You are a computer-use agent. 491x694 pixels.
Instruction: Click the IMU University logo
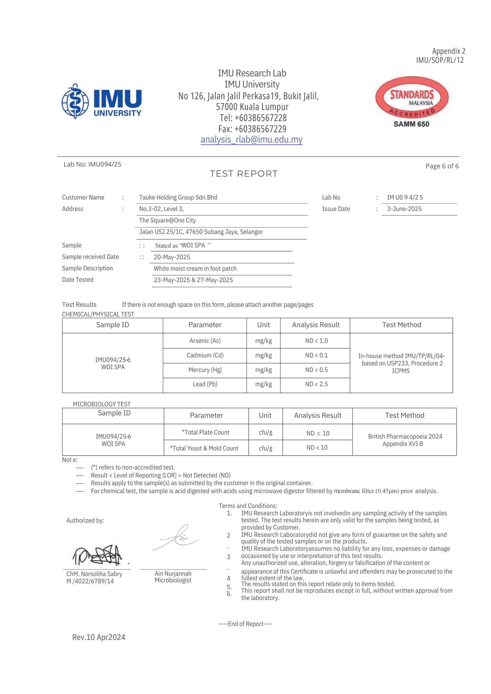101,101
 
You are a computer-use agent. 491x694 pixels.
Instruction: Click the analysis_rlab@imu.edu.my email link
251,139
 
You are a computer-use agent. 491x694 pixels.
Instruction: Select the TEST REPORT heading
244,174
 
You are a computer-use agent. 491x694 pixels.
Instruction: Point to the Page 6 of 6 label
442,166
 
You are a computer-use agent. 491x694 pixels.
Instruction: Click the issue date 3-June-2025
404,209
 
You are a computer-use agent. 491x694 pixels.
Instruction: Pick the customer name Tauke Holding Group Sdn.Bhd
178,197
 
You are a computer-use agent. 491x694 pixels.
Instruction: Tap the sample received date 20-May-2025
172,257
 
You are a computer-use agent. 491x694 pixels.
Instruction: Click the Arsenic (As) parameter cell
205,341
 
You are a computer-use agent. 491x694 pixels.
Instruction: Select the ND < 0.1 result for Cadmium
316,355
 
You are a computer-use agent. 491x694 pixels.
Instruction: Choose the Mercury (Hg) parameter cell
205,370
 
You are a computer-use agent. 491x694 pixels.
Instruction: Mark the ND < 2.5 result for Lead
316,384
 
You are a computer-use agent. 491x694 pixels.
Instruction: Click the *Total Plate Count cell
206,432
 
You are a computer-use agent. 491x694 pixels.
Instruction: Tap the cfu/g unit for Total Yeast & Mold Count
266,448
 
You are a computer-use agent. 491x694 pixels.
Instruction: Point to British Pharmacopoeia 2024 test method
405,437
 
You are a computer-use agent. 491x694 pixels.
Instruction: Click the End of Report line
245,624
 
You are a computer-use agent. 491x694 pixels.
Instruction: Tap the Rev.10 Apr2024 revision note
99,637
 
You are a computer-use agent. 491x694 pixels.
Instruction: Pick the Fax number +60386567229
252,129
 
